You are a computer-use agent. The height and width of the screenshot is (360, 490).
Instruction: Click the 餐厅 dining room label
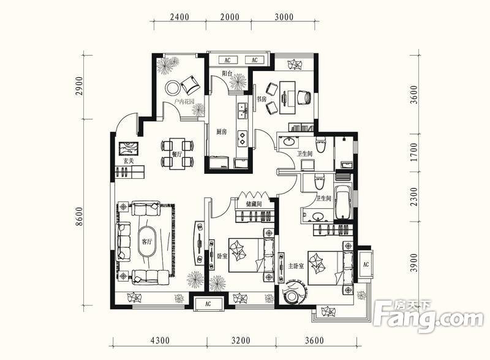coord(177,154)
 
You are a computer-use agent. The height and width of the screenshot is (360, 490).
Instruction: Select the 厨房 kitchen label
coord(221,132)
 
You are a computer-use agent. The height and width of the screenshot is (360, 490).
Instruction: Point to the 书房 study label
coord(262,99)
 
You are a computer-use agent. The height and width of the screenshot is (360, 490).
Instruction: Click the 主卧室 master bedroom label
coord(296,266)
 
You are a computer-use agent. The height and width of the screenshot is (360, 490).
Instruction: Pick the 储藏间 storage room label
coord(254,204)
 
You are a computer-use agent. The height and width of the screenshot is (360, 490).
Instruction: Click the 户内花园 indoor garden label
coord(184,102)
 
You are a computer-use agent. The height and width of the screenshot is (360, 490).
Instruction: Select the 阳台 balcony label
coord(227,73)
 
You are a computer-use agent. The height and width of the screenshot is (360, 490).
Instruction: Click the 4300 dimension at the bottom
coord(160,340)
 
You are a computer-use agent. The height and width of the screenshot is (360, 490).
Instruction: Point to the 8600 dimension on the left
coord(80,217)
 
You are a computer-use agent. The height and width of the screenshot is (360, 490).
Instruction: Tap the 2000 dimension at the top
coord(230,17)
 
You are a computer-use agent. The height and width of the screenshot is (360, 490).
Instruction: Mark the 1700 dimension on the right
coord(414,152)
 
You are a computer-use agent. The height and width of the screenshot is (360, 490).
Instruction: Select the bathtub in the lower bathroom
coord(342,202)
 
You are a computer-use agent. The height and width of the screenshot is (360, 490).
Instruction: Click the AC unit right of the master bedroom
coord(366,264)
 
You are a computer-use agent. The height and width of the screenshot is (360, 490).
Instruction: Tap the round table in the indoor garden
coord(172,88)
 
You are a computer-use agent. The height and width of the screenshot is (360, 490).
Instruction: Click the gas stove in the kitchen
coord(243,138)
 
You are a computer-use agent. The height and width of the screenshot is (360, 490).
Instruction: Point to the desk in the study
coord(287,98)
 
